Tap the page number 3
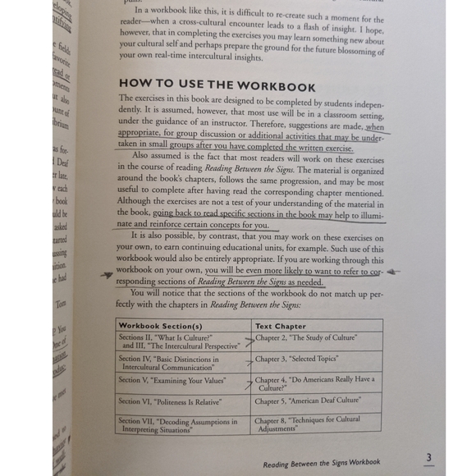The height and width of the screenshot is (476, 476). click(428, 457)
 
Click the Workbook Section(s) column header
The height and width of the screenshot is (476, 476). click(161, 326)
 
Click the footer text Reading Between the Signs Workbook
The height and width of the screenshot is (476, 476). click(322, 463)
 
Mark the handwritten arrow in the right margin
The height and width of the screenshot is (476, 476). click(392, 270)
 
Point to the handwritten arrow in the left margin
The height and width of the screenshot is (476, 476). click(106, 276)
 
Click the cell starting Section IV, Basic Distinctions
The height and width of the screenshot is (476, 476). click(174, 362)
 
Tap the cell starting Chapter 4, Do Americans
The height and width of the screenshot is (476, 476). click(314, 382)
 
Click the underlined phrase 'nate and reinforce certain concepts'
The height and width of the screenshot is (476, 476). click(183, 224)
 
